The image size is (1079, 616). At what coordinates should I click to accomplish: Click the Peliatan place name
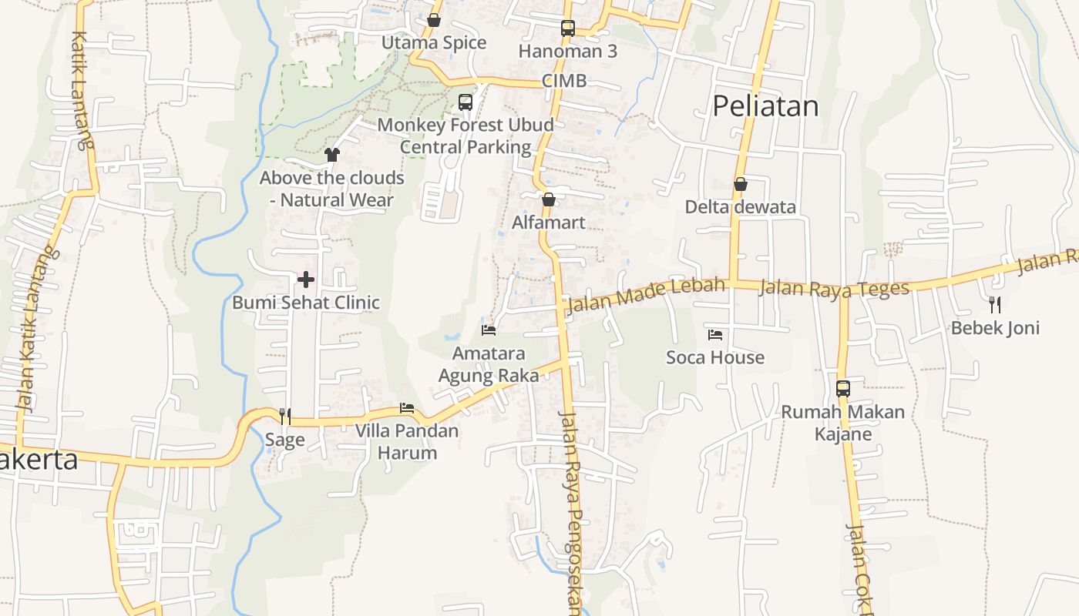point(765,106)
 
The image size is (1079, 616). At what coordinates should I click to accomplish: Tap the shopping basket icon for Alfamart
point(549,199)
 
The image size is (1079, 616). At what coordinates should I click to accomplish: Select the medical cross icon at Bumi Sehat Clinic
point(306,280)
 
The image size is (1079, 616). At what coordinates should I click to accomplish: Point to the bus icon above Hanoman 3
point(568,28)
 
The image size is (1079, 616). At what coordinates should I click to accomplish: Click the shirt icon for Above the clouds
point(332,155)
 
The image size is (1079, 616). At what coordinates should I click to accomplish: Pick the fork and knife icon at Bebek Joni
point(995,304)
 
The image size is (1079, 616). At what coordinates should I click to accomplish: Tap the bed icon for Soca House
point(715,334)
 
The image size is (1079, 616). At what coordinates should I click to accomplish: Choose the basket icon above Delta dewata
point(741,184)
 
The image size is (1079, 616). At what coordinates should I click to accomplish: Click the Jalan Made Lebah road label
point(646,295)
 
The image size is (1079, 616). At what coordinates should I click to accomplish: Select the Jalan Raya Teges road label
point(834,288)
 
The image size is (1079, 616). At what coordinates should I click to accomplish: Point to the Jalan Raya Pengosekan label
point(571,512)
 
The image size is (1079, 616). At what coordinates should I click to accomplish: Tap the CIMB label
point(564,81)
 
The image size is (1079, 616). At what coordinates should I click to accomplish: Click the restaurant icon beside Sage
point(285,417)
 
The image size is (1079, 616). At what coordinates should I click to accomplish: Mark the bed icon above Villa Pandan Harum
point(407,408)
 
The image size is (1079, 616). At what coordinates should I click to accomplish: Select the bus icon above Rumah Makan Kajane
point(843,389)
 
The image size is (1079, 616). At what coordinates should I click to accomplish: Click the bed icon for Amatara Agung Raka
point(489,330)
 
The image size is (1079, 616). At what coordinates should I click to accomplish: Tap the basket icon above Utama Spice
point(434,20)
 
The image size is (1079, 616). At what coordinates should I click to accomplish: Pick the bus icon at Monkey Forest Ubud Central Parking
point(466,102)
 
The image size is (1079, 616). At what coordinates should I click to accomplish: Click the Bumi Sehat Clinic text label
point(306,303)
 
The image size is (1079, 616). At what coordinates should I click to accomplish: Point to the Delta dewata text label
point(741,207)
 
